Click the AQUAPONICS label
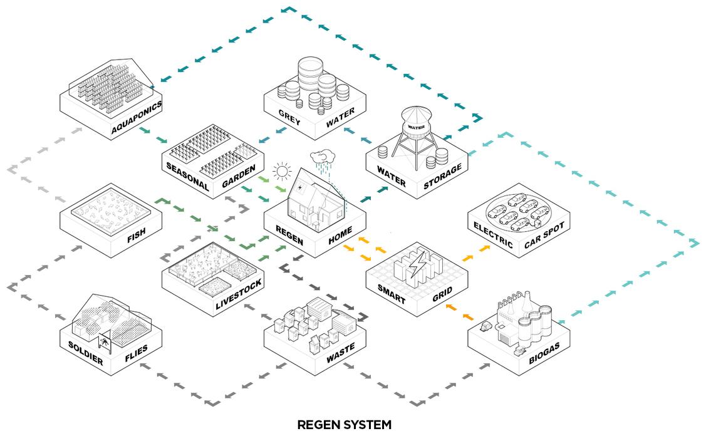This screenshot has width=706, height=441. pyautogui.click(x=137, y=117)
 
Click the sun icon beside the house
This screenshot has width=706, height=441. pyautogui.click(x=283, y=171)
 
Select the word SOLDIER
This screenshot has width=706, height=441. pyautogui.click(x=86, y=353)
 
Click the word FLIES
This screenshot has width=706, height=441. pyautogui.click(x=136, y=354)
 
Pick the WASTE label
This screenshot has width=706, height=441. pyautogui.click(x=340, y=354)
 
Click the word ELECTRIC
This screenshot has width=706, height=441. pyautogui.click(x=493, y=235)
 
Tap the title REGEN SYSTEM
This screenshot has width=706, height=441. pyautogui.click(x=344, y=425)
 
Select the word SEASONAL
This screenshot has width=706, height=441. pyautogui.click(x=187, y=177)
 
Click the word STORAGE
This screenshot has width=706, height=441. pyautogui.click(x=443, y=176)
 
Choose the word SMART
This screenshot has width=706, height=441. pyautogui.click(x=392, y=294)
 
